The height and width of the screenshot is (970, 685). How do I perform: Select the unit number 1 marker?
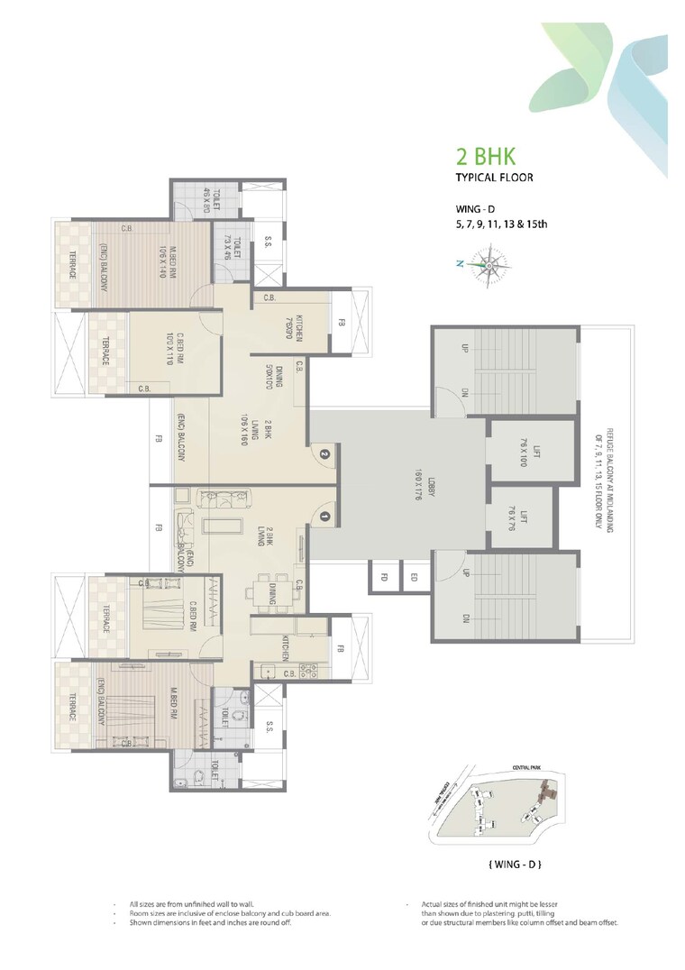pyautogui.click(x=324, y=517)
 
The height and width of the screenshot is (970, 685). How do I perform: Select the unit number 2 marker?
pyautogui.click(x=324, y=455)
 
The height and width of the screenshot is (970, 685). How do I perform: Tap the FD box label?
pyautogui.click(x=382, y=577)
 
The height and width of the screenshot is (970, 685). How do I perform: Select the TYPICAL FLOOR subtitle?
pyautogui.click(x=494, y=178)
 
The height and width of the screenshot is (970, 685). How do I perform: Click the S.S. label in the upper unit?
pyautogui.click(x=269, y=242)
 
